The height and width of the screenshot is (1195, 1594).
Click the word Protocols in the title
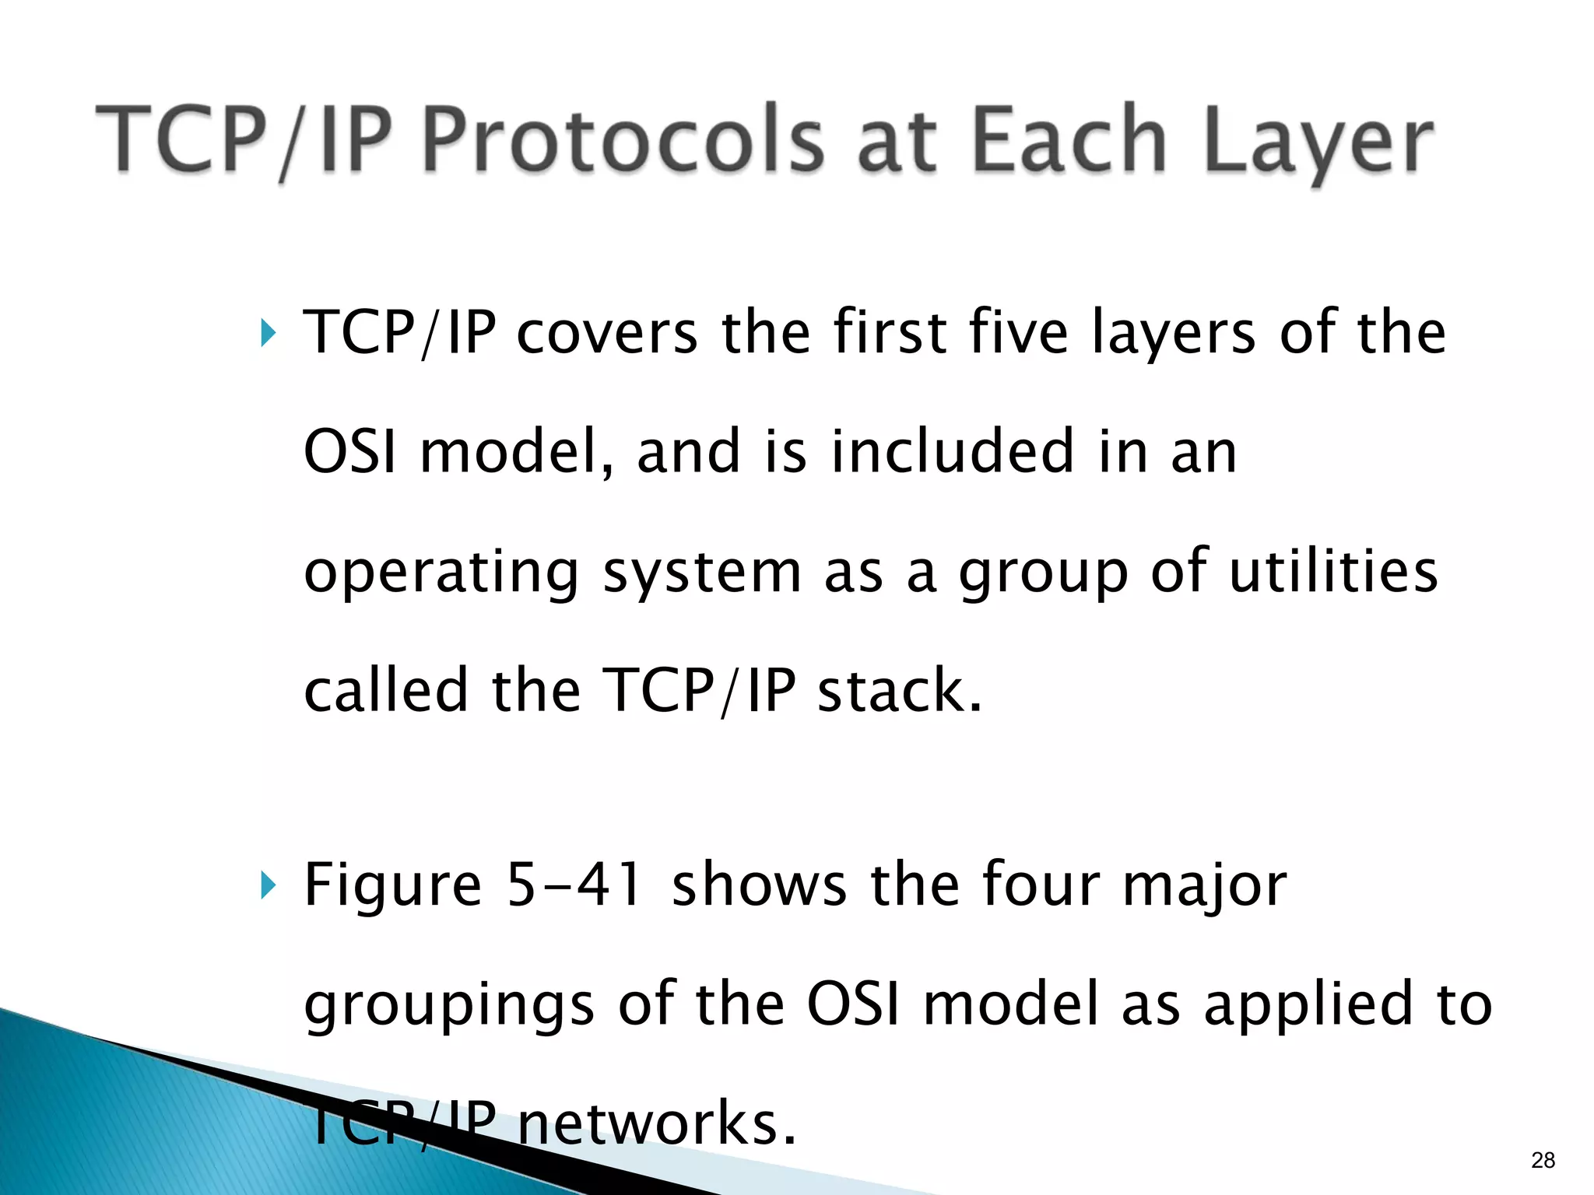pyautogui.click(x=622, y=140)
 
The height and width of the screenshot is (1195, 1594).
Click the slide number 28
pyautogui.click(x=1543, y=1161)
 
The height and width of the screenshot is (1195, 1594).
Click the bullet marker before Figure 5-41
pyautogui.click(x=268, y=885)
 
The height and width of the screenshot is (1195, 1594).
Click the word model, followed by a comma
pyautogui.click(x=517, y=451)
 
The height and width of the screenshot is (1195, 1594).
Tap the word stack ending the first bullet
pyautogui.click(x=899, y=691)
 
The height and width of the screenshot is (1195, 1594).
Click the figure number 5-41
pyautogui.click(x=574, y=885)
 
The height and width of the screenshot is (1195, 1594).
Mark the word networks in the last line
pyautogui.click(x=657, y=1123)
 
